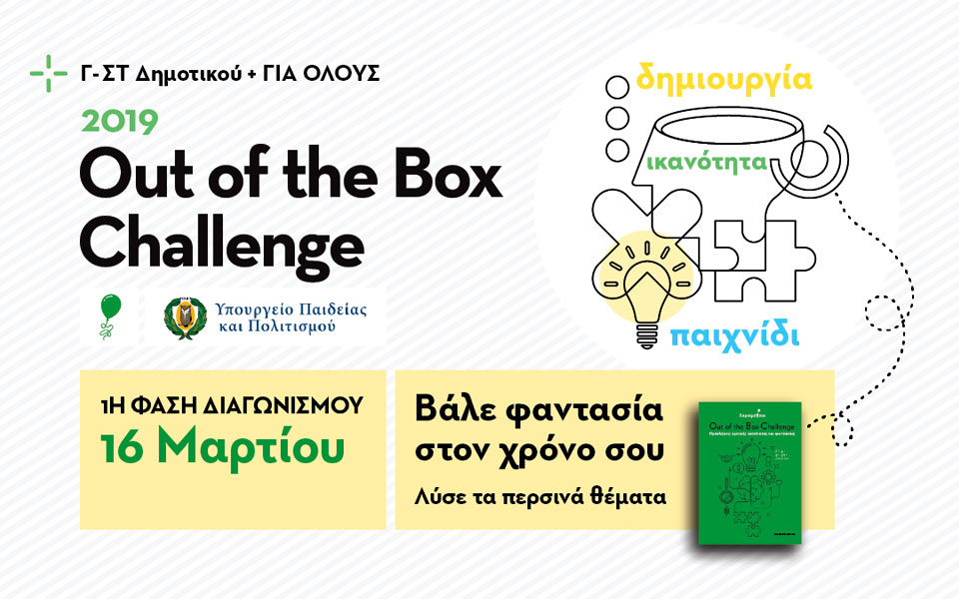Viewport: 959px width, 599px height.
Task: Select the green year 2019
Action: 120,122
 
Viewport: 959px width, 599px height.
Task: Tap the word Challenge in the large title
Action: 222,241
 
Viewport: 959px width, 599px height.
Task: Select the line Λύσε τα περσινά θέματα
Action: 539,494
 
